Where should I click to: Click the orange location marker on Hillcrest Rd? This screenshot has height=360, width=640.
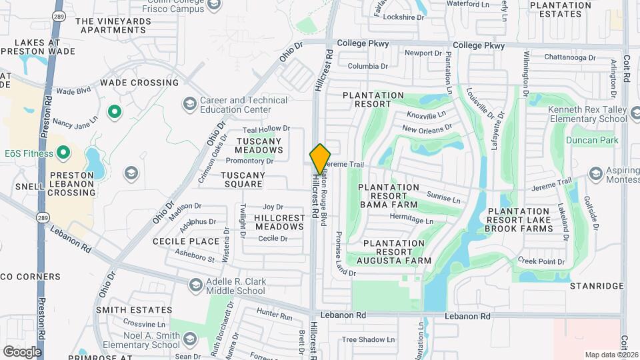tap(320, 159)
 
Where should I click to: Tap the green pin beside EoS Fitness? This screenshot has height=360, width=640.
tap(64, 153)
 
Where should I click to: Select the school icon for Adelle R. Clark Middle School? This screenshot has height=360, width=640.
tap(195, 285)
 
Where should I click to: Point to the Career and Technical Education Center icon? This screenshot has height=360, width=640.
tap(190, 104)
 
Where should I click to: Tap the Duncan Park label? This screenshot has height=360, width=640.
tap(592, 140)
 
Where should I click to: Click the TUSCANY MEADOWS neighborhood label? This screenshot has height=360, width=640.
tap(259, 145)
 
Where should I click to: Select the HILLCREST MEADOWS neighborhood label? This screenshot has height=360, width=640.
tap(279, 222)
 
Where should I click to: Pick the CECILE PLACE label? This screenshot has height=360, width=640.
tap(186, 241)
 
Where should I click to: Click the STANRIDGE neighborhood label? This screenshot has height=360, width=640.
tap(596, 286)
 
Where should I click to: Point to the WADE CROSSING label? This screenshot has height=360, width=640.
tap(139, 83)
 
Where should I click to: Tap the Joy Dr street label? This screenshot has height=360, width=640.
tap(273, 207)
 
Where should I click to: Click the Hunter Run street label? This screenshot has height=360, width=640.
tap(275, 316)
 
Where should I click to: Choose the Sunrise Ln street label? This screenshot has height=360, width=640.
tap(443, 198)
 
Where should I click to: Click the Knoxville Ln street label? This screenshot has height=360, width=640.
tap(425, 116)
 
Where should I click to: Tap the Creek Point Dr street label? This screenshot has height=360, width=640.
tap(541, 261)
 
